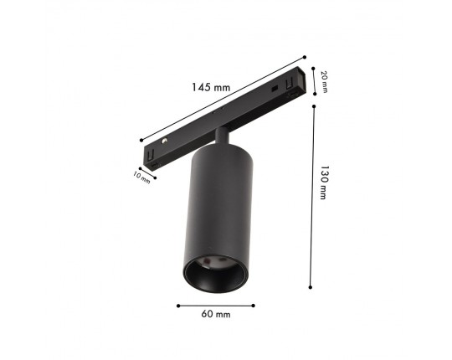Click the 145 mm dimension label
211,87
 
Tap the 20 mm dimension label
325,82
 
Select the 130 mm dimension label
323,183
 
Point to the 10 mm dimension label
141,177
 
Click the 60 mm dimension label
216,314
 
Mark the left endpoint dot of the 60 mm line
178,306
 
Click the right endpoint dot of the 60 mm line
254,306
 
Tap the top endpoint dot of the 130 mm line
314,106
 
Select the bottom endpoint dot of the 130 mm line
311,287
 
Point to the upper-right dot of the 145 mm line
305,58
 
